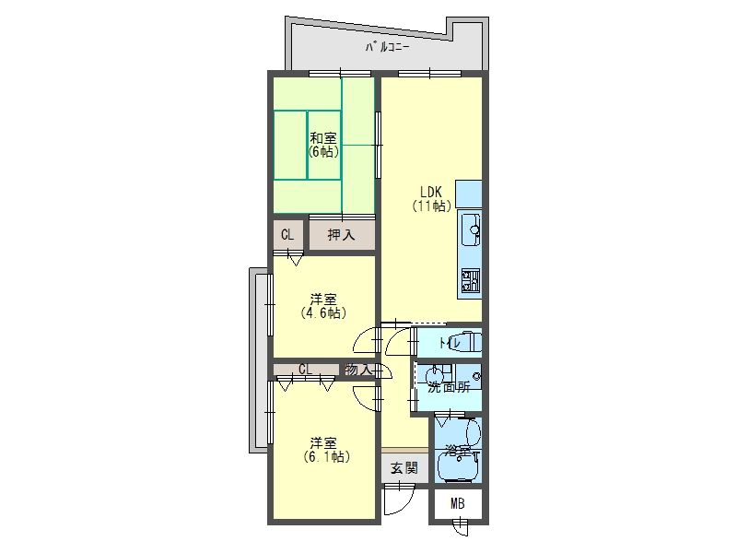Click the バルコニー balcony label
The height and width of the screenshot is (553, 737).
[x=388, y=47]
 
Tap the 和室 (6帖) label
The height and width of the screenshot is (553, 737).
[x=323, y=145]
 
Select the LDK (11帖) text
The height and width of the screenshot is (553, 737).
[x=431, y=198]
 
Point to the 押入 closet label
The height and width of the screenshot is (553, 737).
[x=341, y=235]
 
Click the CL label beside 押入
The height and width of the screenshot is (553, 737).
[x=287, y=235]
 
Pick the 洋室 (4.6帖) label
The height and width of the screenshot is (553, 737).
[x=323, y=306]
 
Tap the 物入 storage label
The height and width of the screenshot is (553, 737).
[x=358, y=370]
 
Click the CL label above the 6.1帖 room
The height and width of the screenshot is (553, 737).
[x=305, y=370]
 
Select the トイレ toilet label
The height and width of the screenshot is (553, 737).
[x=450, y=343]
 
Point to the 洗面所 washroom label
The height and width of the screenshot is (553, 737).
[x=450, y=388]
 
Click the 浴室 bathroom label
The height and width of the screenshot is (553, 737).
[x=458, y=453]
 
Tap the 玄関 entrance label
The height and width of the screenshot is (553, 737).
[x=404, y=468]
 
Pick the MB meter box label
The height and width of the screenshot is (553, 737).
[x=457, y=504]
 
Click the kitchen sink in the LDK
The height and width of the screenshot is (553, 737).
[x=470, y=229]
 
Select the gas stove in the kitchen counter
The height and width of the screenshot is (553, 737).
[x=471, y=281]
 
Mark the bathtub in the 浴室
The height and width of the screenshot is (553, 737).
[x=458, y=465]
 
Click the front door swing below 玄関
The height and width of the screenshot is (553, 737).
[x=399, y=500]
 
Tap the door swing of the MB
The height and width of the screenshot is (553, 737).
[x=461, y=526]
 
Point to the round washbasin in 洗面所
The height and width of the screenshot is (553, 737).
[x=433, y=376]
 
